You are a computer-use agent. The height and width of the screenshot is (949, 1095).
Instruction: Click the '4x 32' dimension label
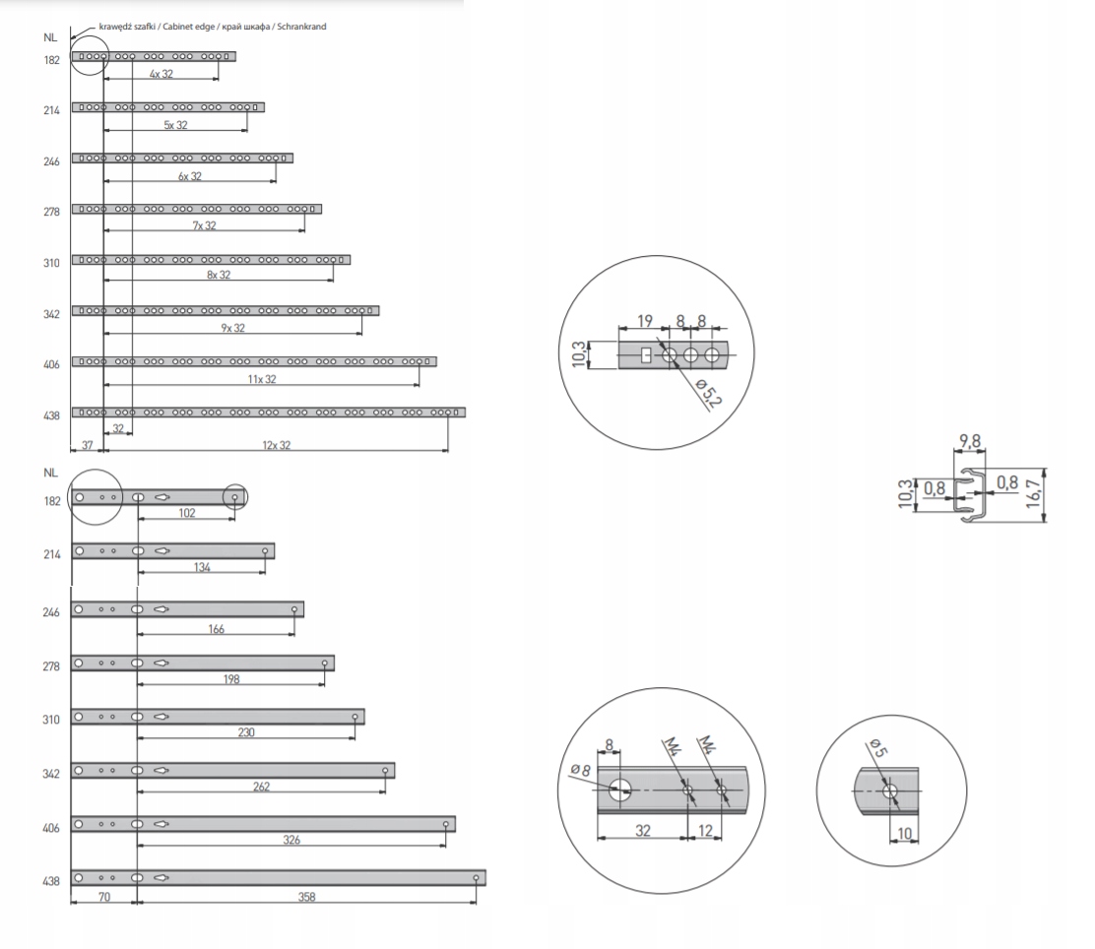coord(161,73)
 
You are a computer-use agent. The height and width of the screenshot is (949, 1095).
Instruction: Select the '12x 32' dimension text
coord(277,445)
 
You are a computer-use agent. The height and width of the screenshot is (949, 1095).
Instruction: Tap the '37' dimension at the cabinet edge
coord(88,445)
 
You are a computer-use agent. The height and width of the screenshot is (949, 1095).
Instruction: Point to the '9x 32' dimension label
coord(233,328)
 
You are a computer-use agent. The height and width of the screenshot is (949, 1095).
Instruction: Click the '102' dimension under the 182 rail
coord(186,513)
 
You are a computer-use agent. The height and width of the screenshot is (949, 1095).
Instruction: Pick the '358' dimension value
coord(306,897)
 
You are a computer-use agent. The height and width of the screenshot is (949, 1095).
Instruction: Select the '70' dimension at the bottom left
coord(104,897)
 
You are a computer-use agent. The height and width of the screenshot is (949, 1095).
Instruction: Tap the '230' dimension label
coord(246,731)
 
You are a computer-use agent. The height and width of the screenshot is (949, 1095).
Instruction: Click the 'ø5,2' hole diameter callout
coord(709,393)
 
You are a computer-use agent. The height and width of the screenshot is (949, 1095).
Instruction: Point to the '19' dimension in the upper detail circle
coord(645,321)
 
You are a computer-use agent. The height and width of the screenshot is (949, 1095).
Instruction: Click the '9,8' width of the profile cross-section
coord(970,441)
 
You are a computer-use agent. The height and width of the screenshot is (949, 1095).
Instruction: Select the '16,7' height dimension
coord(1034,493)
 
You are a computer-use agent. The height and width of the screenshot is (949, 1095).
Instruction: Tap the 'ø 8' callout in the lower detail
coord(580,770)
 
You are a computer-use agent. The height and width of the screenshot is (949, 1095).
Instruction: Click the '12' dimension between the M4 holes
coord(705,830)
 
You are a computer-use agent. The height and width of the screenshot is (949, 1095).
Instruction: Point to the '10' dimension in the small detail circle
coord(904,833)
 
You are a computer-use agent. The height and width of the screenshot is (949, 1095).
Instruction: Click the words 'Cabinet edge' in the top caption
coord(189,27)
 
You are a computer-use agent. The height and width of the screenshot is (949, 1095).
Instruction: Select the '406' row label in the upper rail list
coord(51,364)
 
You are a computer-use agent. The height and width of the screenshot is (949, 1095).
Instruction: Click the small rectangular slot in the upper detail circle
coord(646,355)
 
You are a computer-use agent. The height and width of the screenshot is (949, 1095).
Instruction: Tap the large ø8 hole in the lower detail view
coord(619,790)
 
